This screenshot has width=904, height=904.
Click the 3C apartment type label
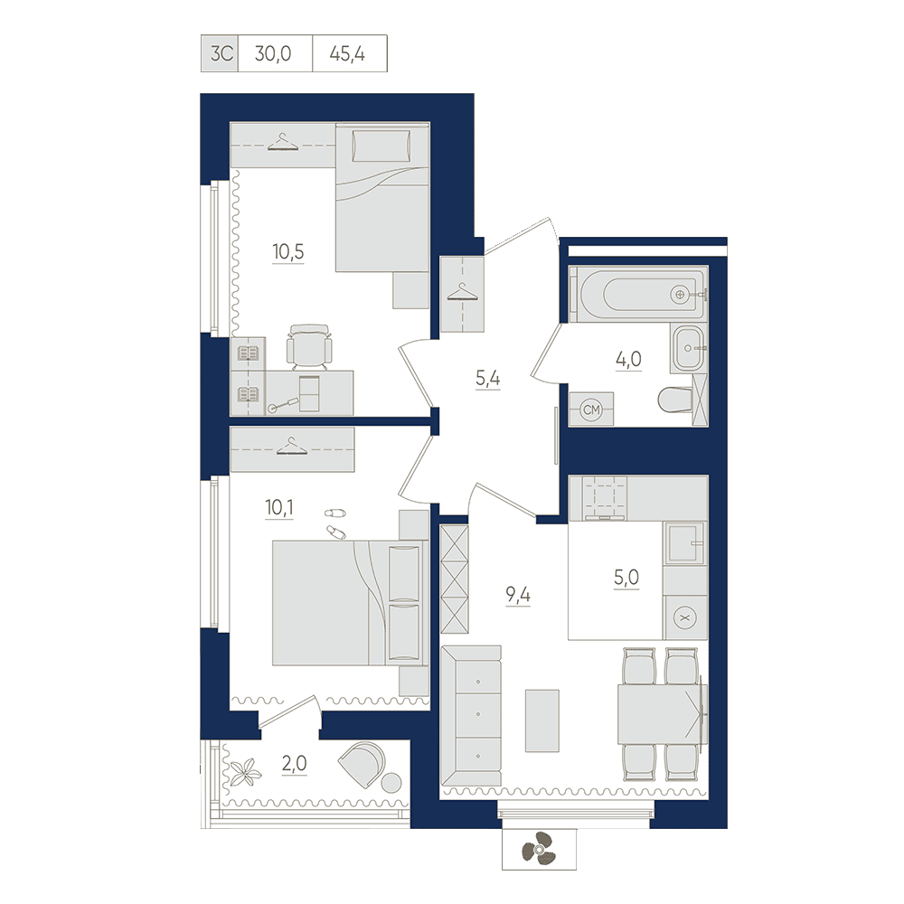pyautogui.click(x=221, y=53)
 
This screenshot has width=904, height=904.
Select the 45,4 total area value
pyautogui.click(x=347, y=53)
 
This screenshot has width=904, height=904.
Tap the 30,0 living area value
pyautogui.click(x=273, y=53)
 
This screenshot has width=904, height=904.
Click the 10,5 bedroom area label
pyautogui.click(x=288, y=252)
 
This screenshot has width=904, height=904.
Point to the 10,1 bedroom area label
pyautogui.click(x=279, y=507)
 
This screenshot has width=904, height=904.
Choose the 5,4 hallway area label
pyautogui.click(x=488, y=378)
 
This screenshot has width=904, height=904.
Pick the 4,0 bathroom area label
pyautogui.click(x=628, y=359)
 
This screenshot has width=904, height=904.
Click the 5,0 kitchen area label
pyautogui.click(x=626, y=577)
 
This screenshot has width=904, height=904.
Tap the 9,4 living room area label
pyautogui.click(x=518, y=595)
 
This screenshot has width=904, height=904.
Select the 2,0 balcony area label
pyautogui.click(x=294, y=763)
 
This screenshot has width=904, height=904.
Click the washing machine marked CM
pyautogui.click(x=591, y=410)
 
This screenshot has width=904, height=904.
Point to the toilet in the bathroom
pyautogui.click(x=674, y=400)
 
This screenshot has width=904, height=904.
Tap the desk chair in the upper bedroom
pyautogui.click(x=309, y=346)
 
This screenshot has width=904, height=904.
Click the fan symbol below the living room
pyautogui.click(x=539, y=848)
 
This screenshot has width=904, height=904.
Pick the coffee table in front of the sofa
pyautogui.click(x=541, y=720)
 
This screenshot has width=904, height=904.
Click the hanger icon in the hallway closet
pyautogui.click(x=462, y=292)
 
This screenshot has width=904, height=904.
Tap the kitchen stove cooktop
pyautogui.click(x=604, y=497)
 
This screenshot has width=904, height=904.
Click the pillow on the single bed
pyautogui.click(x=381, y=146)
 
